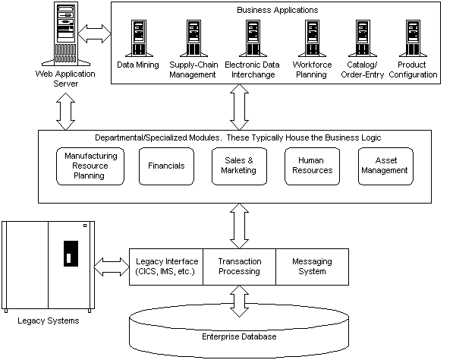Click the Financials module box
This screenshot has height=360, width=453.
166,166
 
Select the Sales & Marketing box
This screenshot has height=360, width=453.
239,166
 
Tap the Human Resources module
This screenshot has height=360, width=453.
313,166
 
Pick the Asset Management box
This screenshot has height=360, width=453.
385,166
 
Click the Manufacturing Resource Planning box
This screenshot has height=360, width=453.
90,166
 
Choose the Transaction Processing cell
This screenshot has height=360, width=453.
240,267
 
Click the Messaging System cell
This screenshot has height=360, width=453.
313,267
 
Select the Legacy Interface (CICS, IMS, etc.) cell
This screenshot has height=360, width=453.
166,267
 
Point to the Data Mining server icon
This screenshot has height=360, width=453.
139,38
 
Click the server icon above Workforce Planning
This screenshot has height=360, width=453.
313,38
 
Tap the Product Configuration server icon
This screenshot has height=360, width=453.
413,38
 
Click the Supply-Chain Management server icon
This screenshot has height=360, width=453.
193,38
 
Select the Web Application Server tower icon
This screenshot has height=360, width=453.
66,34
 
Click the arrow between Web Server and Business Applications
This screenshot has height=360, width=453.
95,34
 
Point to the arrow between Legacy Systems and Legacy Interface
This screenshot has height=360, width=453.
112,267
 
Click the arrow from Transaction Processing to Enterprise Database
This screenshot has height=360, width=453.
239,301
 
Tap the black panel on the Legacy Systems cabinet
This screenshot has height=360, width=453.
71,254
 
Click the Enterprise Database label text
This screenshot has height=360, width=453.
239,336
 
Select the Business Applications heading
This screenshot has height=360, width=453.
278,10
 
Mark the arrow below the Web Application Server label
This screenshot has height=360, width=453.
65,112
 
